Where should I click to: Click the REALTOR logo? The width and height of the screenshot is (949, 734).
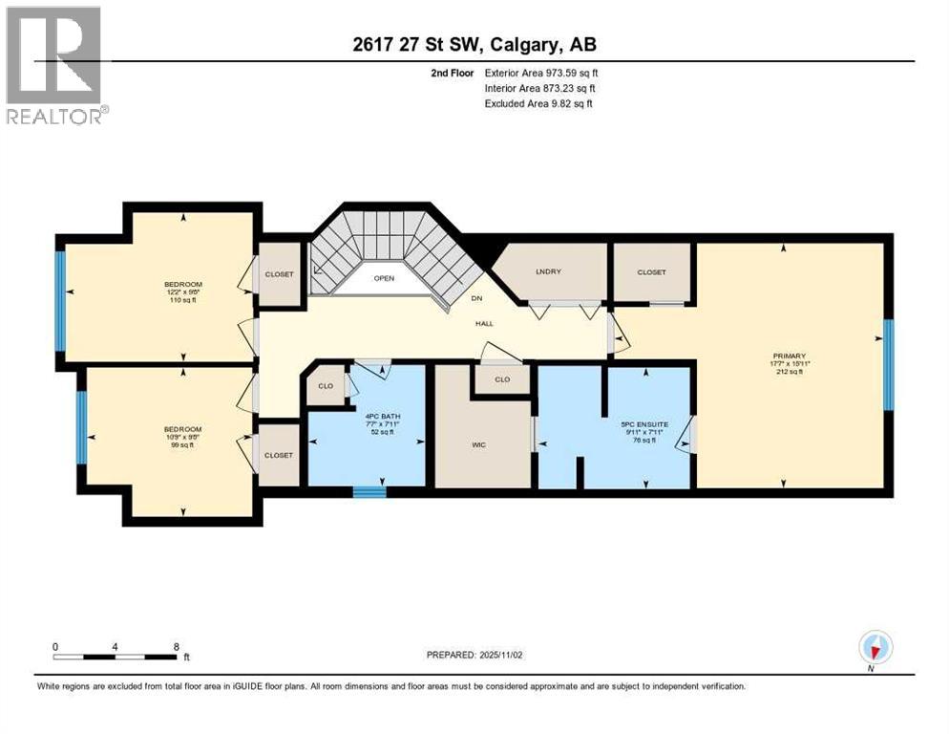(x=55, y=64)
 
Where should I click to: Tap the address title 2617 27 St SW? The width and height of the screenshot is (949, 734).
(x=474, y=44)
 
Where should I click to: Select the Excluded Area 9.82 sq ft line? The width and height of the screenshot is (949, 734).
(x=538, y=103)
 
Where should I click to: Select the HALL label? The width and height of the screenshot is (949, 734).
(x=485, y=324)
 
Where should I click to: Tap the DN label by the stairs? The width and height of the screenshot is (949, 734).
(x=477, y=297)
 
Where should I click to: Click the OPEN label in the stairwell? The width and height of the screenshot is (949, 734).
(x=384, y=279)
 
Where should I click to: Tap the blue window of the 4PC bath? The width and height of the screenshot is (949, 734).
(x=369, y=492)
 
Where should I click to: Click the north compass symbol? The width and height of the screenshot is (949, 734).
(x=875, y=648)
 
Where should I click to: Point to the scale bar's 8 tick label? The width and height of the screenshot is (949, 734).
(x=176, y=646)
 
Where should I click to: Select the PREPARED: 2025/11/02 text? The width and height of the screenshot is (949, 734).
(x=474, y=655)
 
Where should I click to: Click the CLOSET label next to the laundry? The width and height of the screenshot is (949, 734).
(x=652, y=271)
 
